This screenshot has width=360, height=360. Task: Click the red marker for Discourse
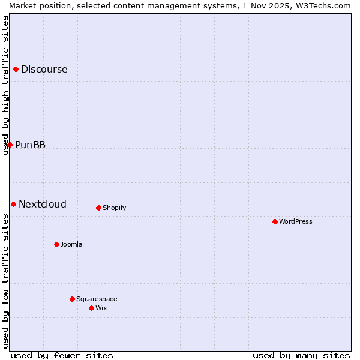16,70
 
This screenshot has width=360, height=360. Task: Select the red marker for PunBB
10,145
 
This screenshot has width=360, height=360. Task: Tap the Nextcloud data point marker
13,205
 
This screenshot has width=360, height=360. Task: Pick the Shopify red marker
98,208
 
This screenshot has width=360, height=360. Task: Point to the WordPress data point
275,222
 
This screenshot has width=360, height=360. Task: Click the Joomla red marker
56,245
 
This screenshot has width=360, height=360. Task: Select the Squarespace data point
72,299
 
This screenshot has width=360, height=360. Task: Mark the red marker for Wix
91,308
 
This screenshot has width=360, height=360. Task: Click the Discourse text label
44,70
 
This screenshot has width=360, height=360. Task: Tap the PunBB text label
31,145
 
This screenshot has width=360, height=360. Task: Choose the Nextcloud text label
43,205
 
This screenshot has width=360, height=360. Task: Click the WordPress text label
296,222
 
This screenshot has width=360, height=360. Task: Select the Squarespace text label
97,299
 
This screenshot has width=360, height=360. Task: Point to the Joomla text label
71,245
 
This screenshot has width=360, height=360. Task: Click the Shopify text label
114,208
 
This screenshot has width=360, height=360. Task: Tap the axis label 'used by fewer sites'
62,356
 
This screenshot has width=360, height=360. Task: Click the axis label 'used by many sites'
301,356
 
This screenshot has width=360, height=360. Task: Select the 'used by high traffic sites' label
6,85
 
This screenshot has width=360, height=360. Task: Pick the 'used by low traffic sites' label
6,281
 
